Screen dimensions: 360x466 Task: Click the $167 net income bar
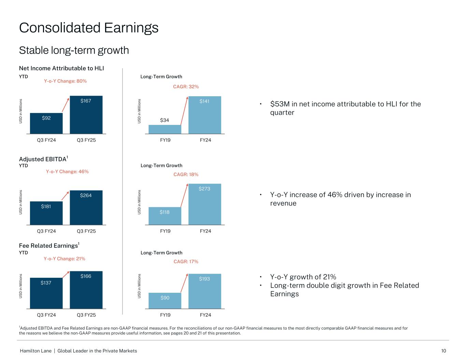point(86,115)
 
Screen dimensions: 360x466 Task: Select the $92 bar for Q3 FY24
point(46,123)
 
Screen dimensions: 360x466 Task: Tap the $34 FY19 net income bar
point(165,129)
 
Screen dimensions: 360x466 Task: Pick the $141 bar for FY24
point(205,115)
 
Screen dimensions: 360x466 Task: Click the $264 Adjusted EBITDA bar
point(86,207)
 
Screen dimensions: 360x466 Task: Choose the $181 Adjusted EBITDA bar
point(46,213)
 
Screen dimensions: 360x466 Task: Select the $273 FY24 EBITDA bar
point(205,204)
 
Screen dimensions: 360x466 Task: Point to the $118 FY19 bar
point(165,216)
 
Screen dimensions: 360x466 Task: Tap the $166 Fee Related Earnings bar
point(86,290)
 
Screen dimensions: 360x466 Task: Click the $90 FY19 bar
point(165,301)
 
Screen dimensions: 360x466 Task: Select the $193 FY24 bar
point(205,291)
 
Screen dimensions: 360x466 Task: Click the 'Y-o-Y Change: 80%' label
point(65,81)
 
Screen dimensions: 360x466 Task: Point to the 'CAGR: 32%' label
point(186,87)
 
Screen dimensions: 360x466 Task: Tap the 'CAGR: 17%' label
point(186,262)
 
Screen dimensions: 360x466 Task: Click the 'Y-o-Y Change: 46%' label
point(67,172)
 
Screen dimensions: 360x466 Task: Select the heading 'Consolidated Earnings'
point(89,28)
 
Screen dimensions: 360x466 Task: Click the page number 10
point(443,351)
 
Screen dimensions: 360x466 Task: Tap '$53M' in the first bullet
point(279,104)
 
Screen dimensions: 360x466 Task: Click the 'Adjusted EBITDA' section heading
point(43,159)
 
